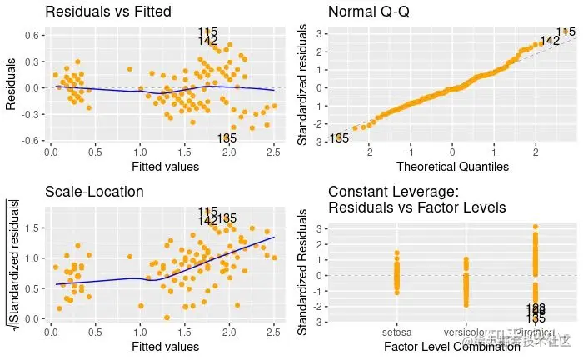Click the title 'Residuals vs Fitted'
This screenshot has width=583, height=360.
(107, 12)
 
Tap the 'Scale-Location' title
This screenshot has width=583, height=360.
(94, 192)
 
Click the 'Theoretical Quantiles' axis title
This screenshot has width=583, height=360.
(451, 167)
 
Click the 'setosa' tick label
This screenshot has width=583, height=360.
(396, 332)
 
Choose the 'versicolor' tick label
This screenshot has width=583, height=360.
(466, 332)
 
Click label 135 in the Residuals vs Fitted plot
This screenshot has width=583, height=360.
(226, 138)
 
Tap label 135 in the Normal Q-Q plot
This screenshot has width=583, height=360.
(339, 138)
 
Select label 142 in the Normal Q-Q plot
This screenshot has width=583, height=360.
(550, 41)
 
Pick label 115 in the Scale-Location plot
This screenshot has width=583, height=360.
(208, 212)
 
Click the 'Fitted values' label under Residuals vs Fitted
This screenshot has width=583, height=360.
(165, 167)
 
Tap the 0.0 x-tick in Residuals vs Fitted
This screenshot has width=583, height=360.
(50, 152)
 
